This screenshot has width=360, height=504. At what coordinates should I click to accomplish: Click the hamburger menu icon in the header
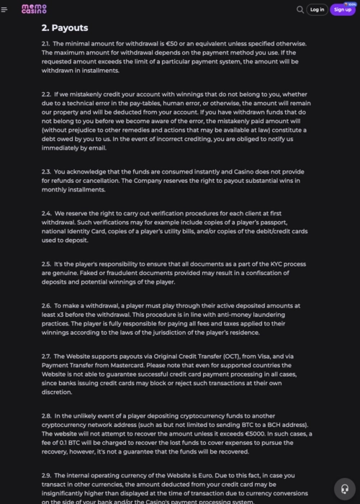click(4, 9)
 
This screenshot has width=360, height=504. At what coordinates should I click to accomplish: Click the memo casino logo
click(34, 9)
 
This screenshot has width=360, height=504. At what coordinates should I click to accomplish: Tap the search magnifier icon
click(300, 9)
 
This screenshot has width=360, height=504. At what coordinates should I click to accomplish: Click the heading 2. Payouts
click(65, 28)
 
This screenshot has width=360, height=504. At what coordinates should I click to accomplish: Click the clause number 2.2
click(46, 94)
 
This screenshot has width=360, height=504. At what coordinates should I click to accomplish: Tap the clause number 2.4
click(46, 213)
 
